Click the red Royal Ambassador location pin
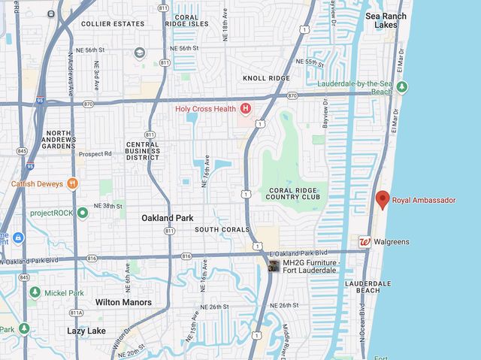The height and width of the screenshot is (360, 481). [x=383, y=199]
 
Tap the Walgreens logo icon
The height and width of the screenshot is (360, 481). [x=365, y=242]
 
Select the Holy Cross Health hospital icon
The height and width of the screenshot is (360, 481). [x=245, y=109]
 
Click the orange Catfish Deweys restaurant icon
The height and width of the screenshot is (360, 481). [x=72, y=183]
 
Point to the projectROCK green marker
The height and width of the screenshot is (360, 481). [x=82, y=213]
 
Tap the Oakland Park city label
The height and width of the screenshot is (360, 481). [x=167, y=218]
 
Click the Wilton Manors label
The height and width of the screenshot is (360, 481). [x=123, y=302]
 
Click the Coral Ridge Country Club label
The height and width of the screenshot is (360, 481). [x=292, y=192]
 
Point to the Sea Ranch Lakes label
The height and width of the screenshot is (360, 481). [x=386, y=20]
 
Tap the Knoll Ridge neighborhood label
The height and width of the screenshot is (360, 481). [x=266, y=78]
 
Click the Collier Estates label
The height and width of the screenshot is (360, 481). [x=113, y=24]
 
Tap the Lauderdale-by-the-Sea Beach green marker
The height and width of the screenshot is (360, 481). [x=401, y=86]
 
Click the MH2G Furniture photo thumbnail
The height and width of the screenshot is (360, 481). [x=274, y=267]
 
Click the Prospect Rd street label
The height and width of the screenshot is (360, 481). [x=95, y=154]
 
